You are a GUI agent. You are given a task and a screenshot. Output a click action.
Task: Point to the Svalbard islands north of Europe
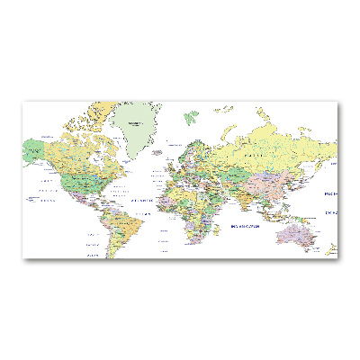point(192,116)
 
